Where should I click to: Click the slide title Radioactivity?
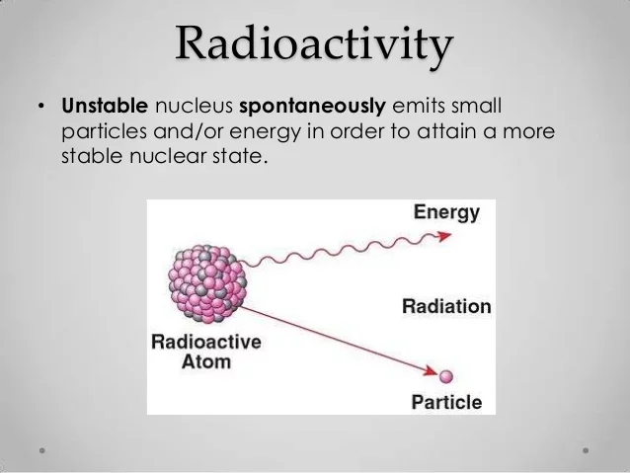[x=315, y=44]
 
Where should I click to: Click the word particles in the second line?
[x=100, y=130]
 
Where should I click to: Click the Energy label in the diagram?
[x=446, y=212]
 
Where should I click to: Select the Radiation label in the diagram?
[x=446, y=307]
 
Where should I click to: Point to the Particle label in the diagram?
[x=447, y=403]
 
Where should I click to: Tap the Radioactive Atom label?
[x=205, y=352]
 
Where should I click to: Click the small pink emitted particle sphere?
[x=446, y=375]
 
